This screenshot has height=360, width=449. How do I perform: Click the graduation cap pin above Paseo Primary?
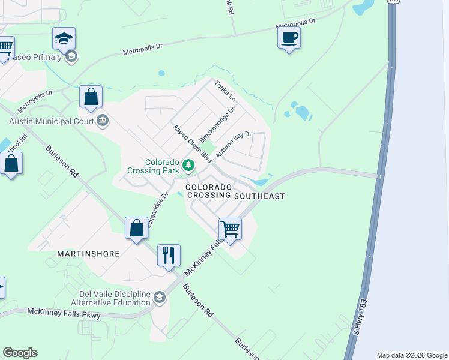64,39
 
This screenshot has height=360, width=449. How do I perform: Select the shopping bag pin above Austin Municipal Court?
91,97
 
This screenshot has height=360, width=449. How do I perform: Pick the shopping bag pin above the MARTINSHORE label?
137,228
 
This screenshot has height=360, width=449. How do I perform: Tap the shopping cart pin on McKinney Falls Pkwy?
230,229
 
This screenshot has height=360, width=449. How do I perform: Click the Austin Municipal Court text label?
51,121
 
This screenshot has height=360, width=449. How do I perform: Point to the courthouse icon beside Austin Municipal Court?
103,121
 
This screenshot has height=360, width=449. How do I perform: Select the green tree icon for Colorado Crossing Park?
188,164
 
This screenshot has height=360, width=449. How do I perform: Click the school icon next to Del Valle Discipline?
159,298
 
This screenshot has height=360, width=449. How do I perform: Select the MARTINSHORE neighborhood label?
88,254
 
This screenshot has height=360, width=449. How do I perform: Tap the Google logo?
20,353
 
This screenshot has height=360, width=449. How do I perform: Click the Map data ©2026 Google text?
411,355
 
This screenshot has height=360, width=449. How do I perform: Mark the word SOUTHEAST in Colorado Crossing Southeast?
259,196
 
